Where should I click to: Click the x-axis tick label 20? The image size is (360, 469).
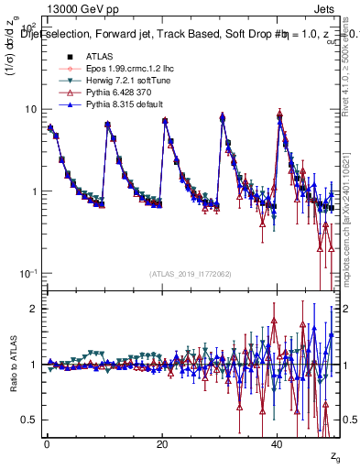pyautogui.click(x=162, y=443)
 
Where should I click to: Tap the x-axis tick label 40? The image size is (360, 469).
pyautogui.click(x=278, y=443)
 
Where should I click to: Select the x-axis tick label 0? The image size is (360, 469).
pyautogui.click(x=47, y=443)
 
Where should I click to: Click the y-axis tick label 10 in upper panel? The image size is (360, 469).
pyautogui.click(x=30, y=109)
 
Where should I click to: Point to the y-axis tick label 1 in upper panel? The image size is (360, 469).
pyautogui.click(x=33, y=191)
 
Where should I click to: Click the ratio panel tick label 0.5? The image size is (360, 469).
pyautogui.click(x=29, y=420)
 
